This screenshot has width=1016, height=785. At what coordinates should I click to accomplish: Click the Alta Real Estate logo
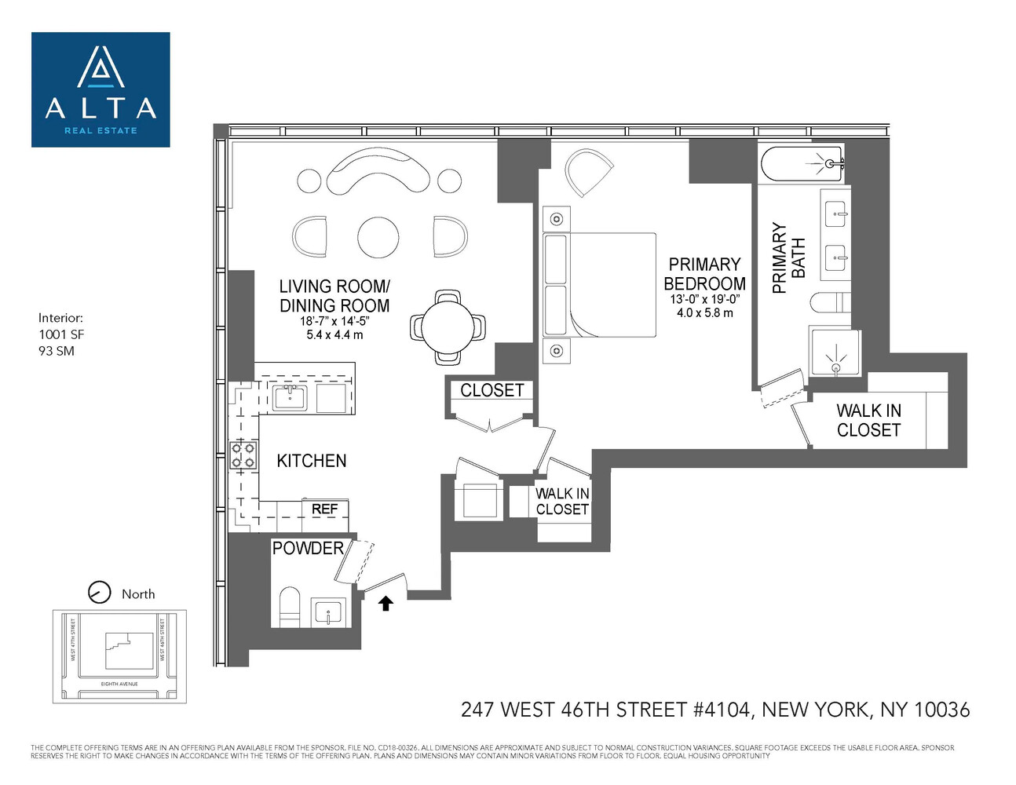(x=101, y=89)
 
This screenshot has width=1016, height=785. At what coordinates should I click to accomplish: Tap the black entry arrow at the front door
(x=386, y=603)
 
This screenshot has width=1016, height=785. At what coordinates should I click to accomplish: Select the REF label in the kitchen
(x=324, y=509)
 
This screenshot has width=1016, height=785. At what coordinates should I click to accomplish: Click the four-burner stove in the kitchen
(x=243, y=455)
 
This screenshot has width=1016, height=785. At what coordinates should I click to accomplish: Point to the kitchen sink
(x=289, y=396)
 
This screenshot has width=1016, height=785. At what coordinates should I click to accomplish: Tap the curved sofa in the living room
(x=378, y=171)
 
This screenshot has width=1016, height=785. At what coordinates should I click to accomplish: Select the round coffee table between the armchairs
(x=378, y=236)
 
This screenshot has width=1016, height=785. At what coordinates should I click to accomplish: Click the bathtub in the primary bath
(x=801, y=164)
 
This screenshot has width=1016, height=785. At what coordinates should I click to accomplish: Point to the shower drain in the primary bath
(x=835, y=366)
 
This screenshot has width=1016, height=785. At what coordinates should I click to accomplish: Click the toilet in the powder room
(x=290, y=606)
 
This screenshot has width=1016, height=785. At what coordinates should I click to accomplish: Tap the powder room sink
(x=328, y=611)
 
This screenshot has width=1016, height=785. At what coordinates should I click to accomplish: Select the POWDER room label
(x=308, y=548)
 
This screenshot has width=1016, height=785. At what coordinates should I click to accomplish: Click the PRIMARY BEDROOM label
(x=704, y=274)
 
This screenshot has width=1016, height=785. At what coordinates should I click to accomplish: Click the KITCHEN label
(x=311, y=461)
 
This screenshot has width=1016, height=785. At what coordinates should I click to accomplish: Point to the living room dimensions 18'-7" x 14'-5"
(x=334, y=321)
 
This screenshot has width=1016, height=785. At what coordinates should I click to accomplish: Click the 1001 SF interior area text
(x=61, y=334)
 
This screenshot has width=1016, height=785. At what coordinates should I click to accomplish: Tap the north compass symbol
(x=99, y=592)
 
